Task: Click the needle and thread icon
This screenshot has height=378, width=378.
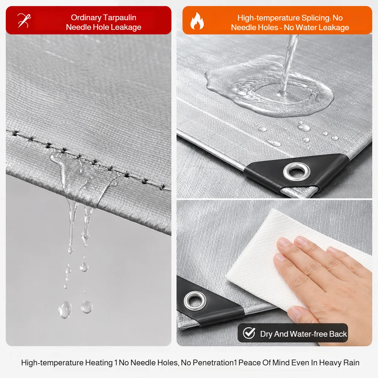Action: tap(24, 20)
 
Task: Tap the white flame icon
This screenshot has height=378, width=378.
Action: tap(197, 21)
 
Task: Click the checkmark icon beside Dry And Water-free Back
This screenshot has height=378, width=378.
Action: tap(249, 333)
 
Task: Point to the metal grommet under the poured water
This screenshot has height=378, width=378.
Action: tap(297, 172)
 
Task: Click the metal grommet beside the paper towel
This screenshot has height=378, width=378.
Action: tap(195, 301)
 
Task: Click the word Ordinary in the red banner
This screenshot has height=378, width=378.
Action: tap(86, 18)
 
